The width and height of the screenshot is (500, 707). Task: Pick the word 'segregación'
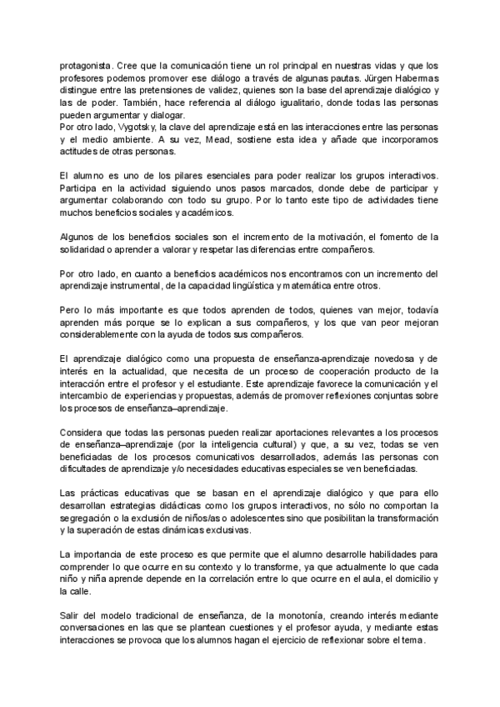point(87,519)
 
